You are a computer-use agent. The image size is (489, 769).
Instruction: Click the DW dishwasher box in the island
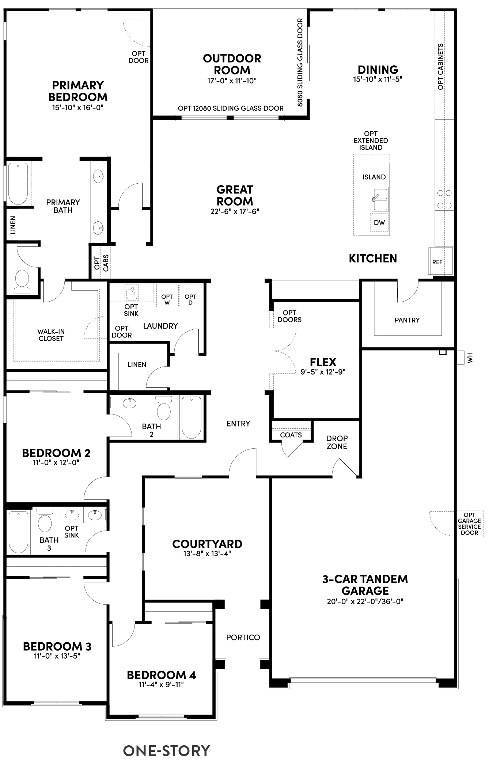pyautogui.click(x=379, y=223)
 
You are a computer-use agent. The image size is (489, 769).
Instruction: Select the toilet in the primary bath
pyautogui.click(x=22, y=282)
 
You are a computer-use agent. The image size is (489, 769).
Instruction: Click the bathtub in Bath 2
pyautogui.click(x=191, y=417)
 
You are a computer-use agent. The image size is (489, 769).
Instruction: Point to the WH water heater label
pyautogui.click(x=470, y=357)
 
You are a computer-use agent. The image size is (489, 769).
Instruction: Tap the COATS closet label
pyautogui.click(x=291, y=435)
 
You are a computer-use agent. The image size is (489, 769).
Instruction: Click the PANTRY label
pyautogui.click(x=407, y=320)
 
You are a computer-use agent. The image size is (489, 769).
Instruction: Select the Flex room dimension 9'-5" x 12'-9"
pyautogui.click(x=323, y=372)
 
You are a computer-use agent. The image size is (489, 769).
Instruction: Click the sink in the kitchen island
pyautogui.click(x=380, y=199)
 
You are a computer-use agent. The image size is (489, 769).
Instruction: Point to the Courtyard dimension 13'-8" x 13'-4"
pyautogui.click(x=207, y=554)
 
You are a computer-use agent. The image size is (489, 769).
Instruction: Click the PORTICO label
pyautogui.click(x=243, y=637)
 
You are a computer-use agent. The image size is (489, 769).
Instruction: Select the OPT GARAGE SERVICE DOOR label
pyautogui.click(x=469, y=524)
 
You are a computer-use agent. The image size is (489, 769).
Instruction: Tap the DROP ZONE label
pyautogui.click(x=337, y=442)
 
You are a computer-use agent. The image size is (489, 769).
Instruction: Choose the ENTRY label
pyautogui.click(x=238, y=423)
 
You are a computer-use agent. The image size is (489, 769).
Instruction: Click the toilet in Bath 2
pyautogui.click(x=163, y=409)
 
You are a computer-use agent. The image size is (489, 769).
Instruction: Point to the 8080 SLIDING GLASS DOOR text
pyautogui.click(x=300, y=62)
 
